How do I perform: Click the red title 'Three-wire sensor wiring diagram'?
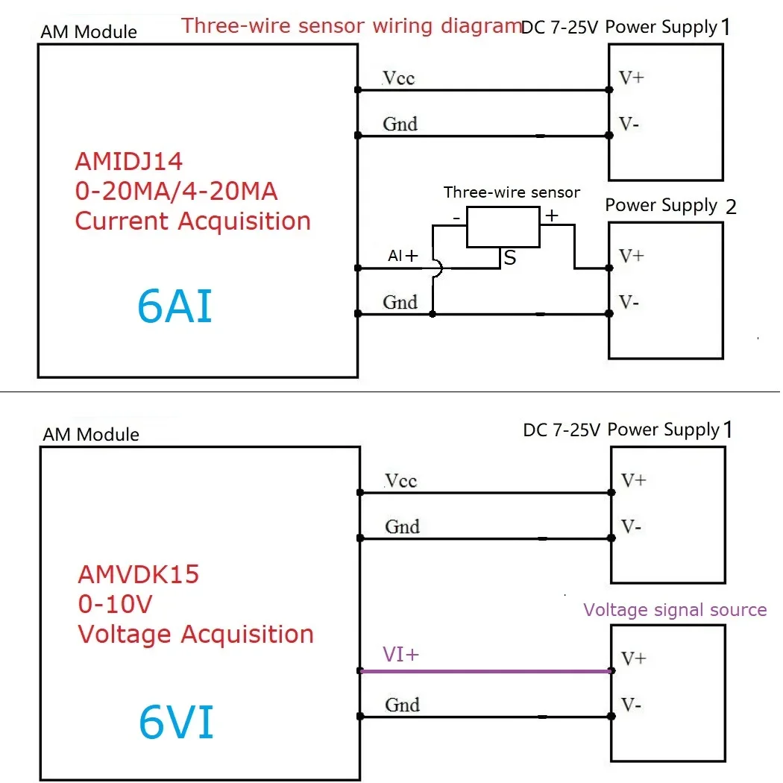pyautogui.click(x=351, y=26)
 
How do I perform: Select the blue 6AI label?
pyautogui.click(x=175, y=306)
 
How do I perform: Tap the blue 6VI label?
pyautogui.click(x=177, y=722)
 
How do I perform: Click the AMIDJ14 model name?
pyautogui.click(x=129, y=162)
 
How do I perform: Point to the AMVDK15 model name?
pyautogui.click(x=139, y=576)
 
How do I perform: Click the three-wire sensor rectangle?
pyautogui.click(x=503, y=227)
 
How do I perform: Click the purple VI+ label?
pyautogui.click(x=401, y=654)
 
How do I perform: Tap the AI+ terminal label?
pyautogui.click(x=403, y=256)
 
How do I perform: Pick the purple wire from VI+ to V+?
pyautogui.click(x=485, y=671)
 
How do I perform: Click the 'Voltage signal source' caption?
pyautogui.click(x=675, y=610)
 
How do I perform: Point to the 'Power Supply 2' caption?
pyautogui.click(x=670, y=206)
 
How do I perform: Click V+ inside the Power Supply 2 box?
pyautogui.click(x=632, y=256)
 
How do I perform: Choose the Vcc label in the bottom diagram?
pyautogui.click(x=400, y=481)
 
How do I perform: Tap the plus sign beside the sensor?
pyautogui.click(x=551, y=216)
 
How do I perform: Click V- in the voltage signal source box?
pyautogui.click(x=631, y=705)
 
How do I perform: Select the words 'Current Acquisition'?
pyautogui.click(x=193, y=221)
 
